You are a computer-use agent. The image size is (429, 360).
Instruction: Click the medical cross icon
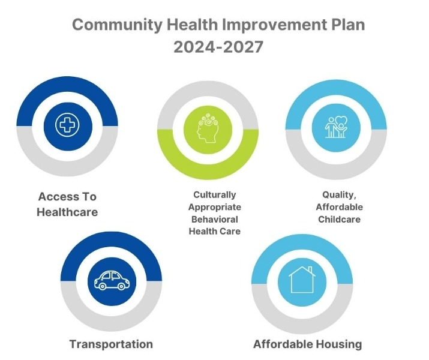pyautogui.click(x=67, y=125)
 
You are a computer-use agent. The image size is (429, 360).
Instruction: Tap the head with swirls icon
pyautogui.click(x=208, y=128)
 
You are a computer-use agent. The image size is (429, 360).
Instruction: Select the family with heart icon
pyautogui.click(x=336, y=127)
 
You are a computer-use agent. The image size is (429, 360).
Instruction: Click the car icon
pyautogui.click(x=112, y=281)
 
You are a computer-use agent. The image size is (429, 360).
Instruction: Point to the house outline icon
pyautogui.click(x=302, y=280)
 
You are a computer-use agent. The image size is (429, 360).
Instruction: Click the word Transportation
pyautogui.click(x=111, y=344)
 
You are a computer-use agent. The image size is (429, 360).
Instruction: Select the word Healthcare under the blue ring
pyautogui.click(x=67, y=212)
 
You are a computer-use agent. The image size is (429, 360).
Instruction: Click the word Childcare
pyautogui.click(x=339, y=220)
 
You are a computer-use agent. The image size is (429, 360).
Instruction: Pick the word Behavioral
pyautogui.click(x=215, y=220)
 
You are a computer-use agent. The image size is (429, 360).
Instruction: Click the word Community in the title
pyautogui.click(x=118, y=25)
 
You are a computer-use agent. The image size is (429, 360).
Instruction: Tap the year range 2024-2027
pyautogui.click(x=218, y=47)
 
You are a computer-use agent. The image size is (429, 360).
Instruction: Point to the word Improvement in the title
pyautogui.click(x=274, y=25)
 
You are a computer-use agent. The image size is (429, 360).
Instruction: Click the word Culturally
pyautogui.click(x=215, y=195)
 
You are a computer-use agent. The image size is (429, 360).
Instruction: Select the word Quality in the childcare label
pyautogui.click(x=339, y=195)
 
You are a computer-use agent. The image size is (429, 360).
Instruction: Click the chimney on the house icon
pyautogui.click(x=310, y=269)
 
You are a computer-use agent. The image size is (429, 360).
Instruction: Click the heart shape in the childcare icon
pyautogui.click(x=341, y=121)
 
